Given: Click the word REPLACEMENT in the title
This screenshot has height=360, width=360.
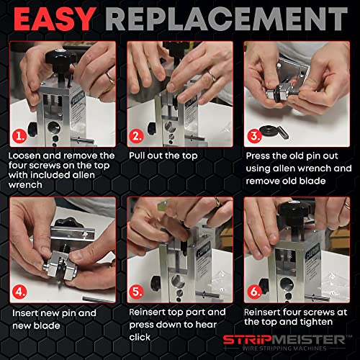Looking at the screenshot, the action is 227,19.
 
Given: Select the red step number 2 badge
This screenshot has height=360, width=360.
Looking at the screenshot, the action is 137,136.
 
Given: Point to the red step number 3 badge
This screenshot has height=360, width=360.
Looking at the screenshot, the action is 254,136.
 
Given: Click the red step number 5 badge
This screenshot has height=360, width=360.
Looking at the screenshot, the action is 137,292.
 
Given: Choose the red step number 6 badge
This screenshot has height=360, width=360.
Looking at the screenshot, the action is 254,292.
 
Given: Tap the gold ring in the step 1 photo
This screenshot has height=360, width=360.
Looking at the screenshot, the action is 111,78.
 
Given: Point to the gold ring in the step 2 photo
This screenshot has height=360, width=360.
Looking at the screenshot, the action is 212,76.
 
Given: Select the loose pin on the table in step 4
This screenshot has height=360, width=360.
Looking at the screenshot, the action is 99,300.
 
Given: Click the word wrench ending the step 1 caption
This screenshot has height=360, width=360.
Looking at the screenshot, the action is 25,185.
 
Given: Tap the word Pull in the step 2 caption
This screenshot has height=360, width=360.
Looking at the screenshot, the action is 137,156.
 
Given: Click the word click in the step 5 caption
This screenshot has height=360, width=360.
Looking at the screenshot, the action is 140,337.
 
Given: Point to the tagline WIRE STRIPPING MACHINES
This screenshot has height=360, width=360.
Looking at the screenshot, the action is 284,348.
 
